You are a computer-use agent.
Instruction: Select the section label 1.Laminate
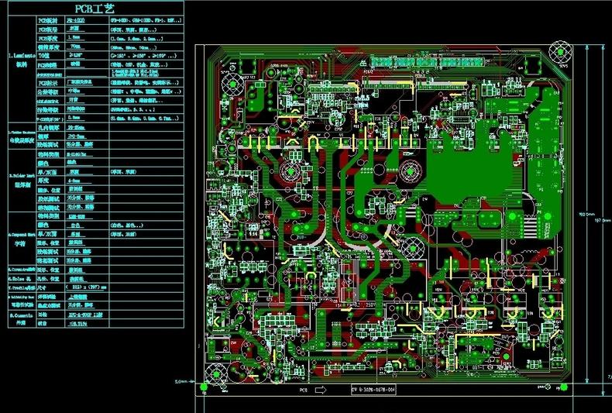coord(18,55)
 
